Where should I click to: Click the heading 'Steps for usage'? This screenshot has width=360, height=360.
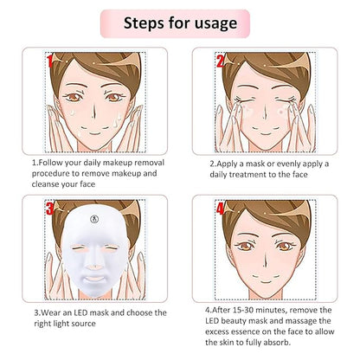(179, 22)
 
